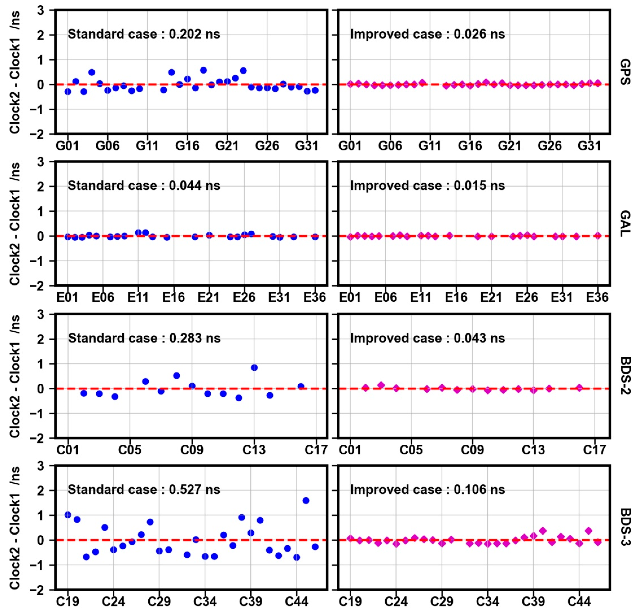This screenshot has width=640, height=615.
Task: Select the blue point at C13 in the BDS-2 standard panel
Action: click(254, 368)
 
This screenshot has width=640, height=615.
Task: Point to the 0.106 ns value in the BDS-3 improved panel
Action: click(479, 489)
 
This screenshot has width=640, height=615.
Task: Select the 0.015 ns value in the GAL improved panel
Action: click(479, 186)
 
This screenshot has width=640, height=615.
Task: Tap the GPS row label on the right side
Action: click(625, 72)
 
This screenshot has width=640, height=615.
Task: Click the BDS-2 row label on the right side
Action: click(625, 376)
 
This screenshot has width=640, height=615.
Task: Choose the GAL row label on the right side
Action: click(625, 224)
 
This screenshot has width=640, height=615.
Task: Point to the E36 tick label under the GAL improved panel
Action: click(597, 297)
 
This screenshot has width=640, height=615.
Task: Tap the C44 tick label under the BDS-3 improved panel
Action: click(579, 602)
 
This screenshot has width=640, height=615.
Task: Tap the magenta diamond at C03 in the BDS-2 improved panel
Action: click(381, 385)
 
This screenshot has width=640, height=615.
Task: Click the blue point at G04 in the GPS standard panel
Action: click(92, 72)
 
